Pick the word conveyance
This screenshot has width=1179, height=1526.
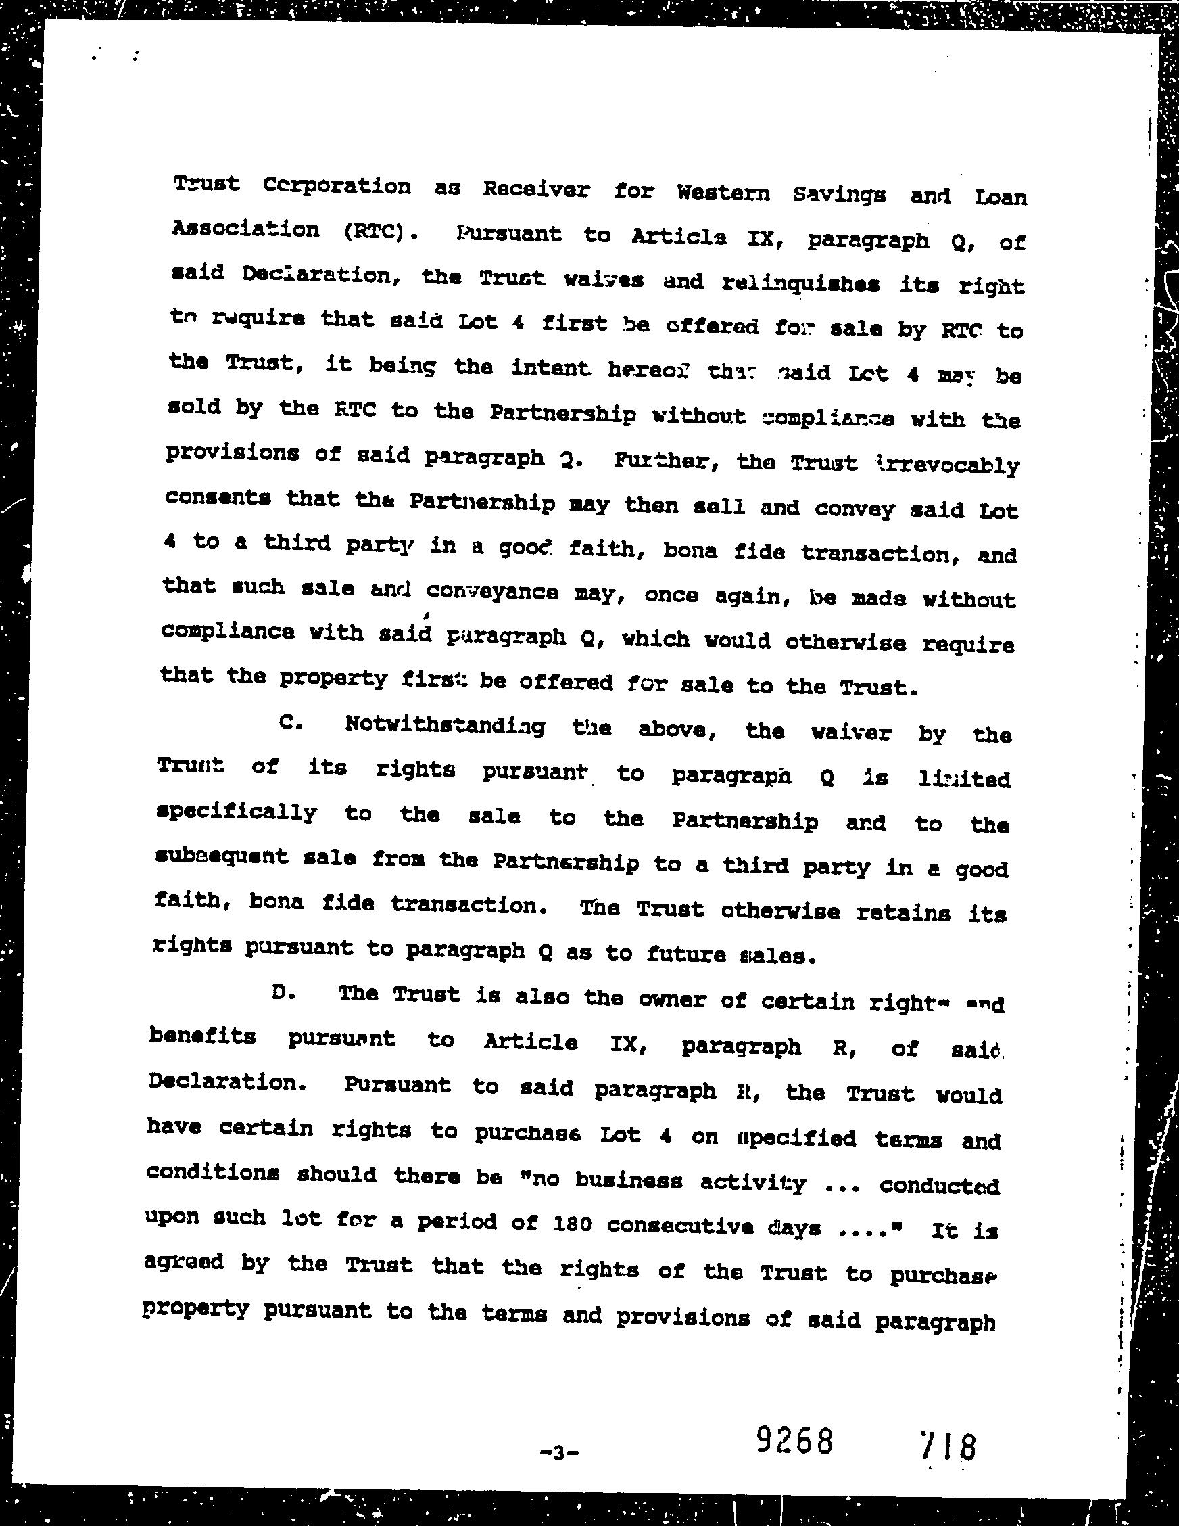(491, 592)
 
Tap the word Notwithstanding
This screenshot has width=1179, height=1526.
(445, 726)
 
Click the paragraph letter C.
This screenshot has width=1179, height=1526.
(289, 723)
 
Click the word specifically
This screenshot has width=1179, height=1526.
(237, 812)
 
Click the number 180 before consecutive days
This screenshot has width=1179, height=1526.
(572, 1224)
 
